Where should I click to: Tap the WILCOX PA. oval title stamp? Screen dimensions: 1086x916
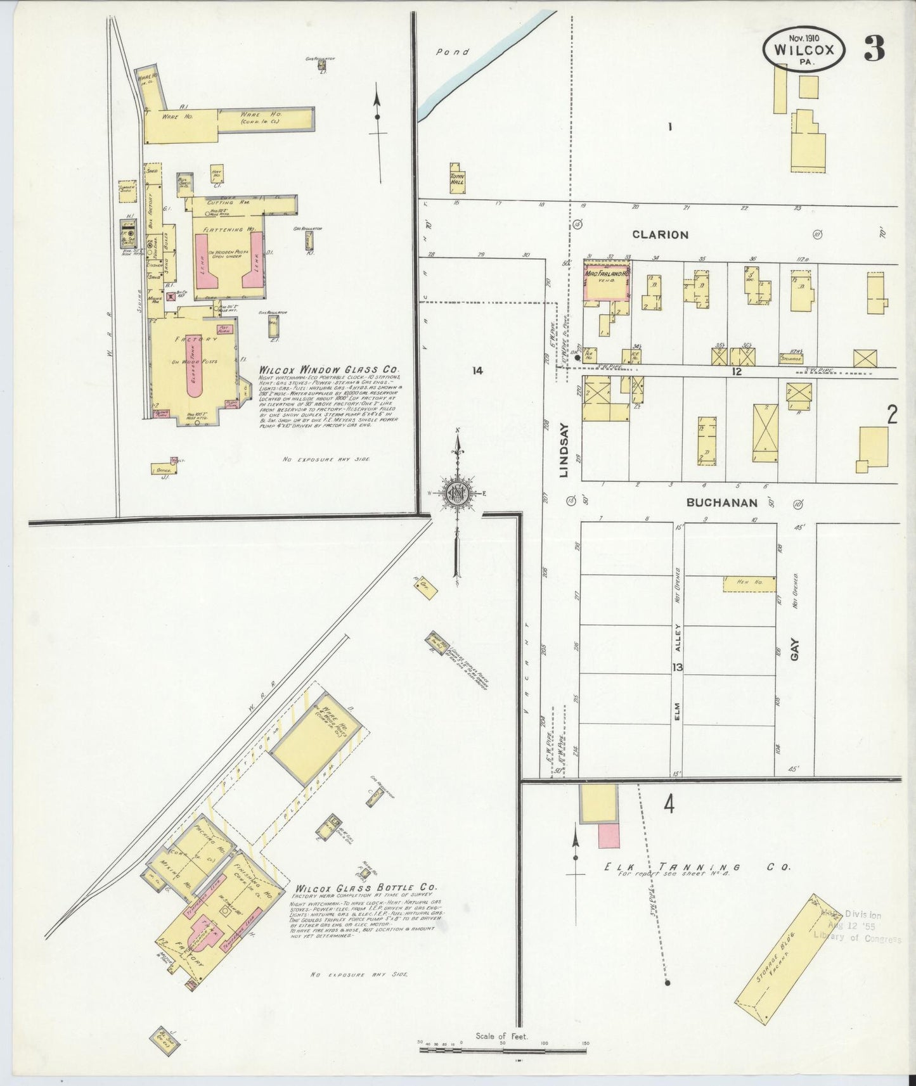803,49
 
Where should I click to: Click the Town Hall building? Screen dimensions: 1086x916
458,180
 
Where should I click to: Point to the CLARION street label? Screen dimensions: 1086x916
660,235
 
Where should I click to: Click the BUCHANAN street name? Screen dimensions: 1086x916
722,503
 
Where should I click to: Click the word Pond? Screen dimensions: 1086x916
452,52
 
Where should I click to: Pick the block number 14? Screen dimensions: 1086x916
477,371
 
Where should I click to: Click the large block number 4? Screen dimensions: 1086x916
668,805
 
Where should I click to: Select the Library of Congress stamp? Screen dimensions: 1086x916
857,927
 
